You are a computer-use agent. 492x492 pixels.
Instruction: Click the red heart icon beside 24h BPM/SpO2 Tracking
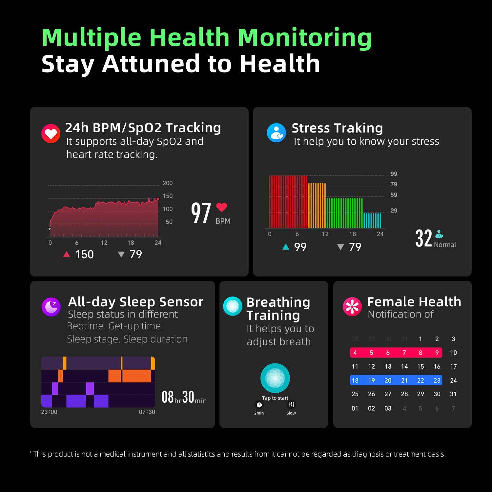51,133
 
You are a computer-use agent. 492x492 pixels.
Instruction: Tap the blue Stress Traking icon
277,133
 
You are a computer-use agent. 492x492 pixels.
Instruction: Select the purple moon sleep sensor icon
51,307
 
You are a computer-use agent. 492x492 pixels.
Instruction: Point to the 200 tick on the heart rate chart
168,183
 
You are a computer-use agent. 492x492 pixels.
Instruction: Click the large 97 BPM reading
201,213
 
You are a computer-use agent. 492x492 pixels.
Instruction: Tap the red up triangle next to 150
67,254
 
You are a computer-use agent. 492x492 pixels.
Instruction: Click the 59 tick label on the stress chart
394,195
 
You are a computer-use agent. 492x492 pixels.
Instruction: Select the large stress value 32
423,238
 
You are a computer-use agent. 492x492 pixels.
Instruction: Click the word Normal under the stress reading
445,245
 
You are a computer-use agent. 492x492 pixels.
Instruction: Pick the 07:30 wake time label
147,412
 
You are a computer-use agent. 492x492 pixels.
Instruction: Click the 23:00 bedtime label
49,412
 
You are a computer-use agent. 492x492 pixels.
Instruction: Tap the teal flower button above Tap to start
275,378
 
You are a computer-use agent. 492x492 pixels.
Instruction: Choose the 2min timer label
259,413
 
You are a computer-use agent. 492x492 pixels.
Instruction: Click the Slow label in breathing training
291,413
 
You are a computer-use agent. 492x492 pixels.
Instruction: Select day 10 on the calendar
453,353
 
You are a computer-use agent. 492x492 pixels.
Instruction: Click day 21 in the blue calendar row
404,380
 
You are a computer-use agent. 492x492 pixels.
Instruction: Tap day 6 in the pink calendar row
388,353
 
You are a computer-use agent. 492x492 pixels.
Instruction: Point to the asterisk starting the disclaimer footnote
30,453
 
